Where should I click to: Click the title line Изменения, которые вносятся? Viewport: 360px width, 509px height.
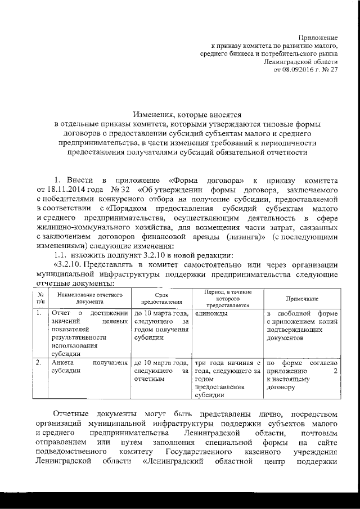[x=187, y=114]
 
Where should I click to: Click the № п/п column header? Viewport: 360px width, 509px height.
[x=40, y=298]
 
